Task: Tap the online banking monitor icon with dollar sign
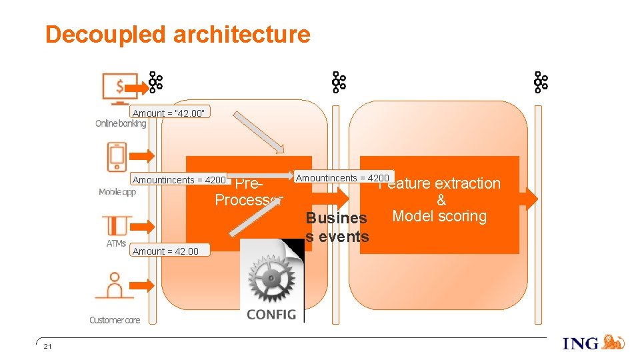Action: click(119, 88)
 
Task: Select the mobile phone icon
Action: click(117, 157)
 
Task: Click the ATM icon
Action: click(117, 225)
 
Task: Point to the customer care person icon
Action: click(115, 285)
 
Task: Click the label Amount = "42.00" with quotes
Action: click(171, 113)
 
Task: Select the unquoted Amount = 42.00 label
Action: click(165, 251)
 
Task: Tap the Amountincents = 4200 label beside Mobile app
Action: click(179, 180)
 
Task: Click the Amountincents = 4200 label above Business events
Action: click(342, 178)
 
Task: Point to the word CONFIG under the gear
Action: click(271, 313)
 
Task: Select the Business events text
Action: click(337, 227)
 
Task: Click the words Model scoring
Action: click(439, 217)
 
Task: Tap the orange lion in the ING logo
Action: click(613, 343)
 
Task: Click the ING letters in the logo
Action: click(581, 344)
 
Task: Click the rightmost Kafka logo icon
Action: click(540, 83)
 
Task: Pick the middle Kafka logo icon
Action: click(339, 83)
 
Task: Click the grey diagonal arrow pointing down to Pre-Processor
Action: click(259, 132)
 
